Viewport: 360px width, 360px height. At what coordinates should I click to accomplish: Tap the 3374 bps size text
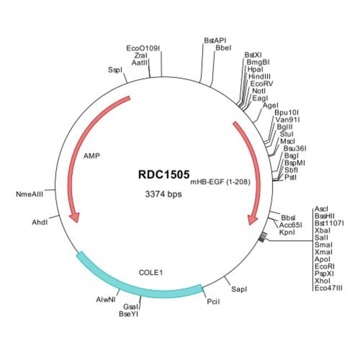(x=163, y=194)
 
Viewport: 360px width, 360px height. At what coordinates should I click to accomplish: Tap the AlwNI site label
(x=106, y=300)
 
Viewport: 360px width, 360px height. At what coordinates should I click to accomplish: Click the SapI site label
(x=239, y=289)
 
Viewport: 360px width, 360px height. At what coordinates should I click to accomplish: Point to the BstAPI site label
(x=215, y=40)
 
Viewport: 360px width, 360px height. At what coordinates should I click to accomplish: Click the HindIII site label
(x=260, y=76)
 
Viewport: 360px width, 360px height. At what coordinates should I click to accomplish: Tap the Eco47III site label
(x=328, y=288)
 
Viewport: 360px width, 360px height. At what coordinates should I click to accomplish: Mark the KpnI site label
(x=287, y=233)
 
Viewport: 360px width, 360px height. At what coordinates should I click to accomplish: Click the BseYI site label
(x=128, y=313)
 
